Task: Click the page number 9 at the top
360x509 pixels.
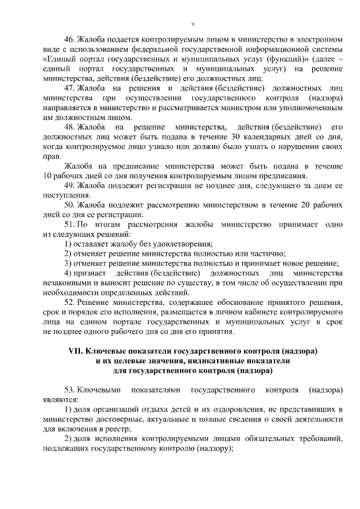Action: pos(192,24)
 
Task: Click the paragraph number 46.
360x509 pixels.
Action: pos(70,39)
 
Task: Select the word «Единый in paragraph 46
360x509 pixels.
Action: pos(59,58)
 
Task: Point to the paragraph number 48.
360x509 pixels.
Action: pos(70,127)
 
